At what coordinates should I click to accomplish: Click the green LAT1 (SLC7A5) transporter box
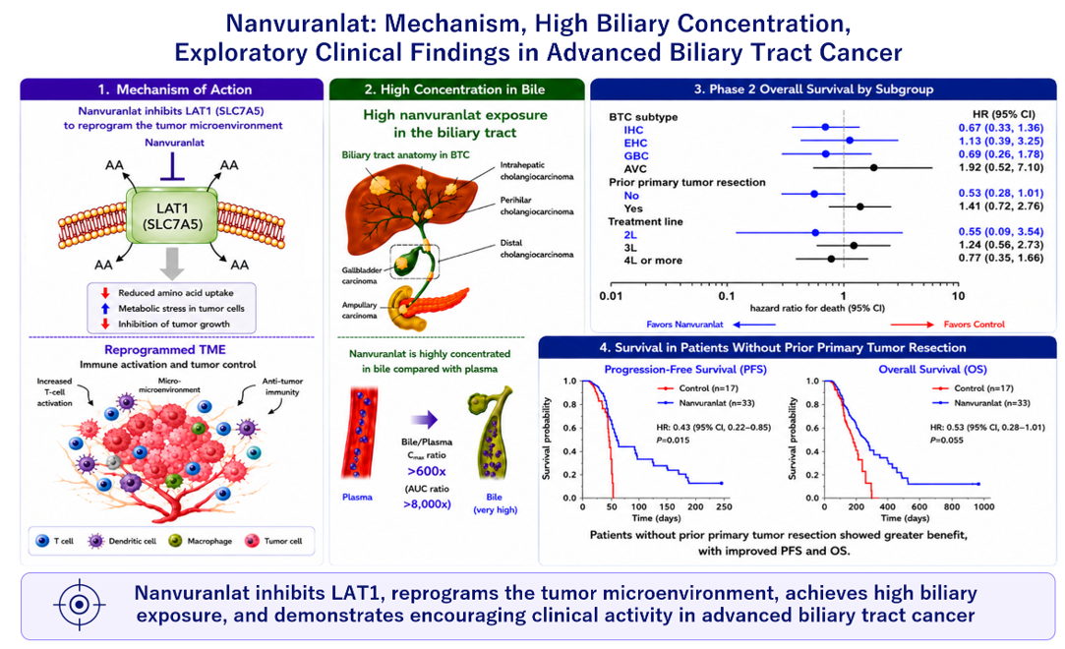[172, 216]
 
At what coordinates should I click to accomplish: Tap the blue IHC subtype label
[633, 130]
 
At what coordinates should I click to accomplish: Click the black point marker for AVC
[873, 167]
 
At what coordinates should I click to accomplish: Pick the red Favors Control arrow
[914, 324]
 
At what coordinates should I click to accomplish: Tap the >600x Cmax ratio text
[427, 471]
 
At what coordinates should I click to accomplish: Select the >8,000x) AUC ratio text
[427, 503]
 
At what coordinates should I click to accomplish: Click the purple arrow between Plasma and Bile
[425, 420]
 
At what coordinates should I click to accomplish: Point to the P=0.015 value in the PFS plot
[673, 440]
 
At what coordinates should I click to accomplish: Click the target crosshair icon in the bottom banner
[80, 604]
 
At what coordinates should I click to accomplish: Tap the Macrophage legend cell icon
[175, 541]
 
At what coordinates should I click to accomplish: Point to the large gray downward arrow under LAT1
[172, 264]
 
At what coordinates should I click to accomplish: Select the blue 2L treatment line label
[630, 235]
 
